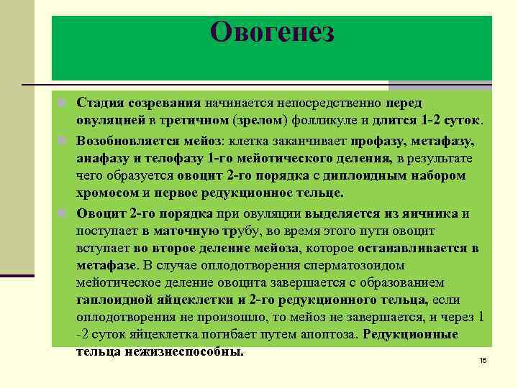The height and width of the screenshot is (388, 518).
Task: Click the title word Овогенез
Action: point(272,32)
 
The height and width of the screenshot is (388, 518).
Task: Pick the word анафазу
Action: point(104,157)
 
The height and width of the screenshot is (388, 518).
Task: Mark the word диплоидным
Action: point(371,175)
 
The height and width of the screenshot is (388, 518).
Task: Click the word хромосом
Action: point(109,193)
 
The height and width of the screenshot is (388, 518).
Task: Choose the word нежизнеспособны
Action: point(183,352)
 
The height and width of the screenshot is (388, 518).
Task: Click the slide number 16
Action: point(483,359)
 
